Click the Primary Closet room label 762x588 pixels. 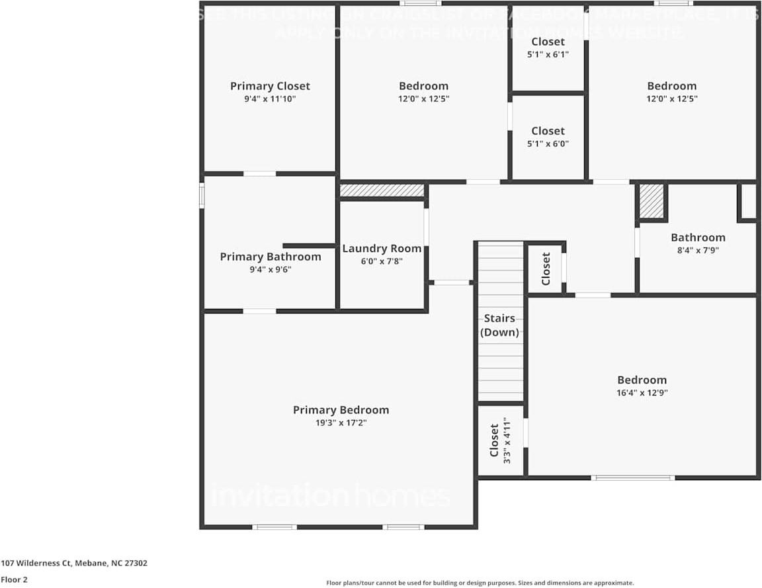(270, 86)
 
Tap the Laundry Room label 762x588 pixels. (382, 249)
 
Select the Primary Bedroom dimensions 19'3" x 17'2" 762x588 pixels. (341, 423)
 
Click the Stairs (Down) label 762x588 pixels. (500, 325)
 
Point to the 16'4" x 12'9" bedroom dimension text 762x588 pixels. (642, 393)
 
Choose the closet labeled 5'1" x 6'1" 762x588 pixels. (548, 48)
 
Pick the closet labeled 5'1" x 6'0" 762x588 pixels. (548, 138)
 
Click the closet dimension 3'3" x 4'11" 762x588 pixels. (507, 441)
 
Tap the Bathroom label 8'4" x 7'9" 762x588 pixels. (698, 243)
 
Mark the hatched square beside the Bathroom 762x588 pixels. (652, 201)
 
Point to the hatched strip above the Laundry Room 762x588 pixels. (382, 190)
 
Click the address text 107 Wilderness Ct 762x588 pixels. (74, 564)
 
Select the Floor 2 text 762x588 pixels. (14, 579)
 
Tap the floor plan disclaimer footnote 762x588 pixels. (480, 583)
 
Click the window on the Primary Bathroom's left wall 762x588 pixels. (202, 196)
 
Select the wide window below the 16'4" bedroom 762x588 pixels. (632, 477)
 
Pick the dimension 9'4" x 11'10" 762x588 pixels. (270, 99)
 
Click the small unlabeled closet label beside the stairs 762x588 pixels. (546, 269)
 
